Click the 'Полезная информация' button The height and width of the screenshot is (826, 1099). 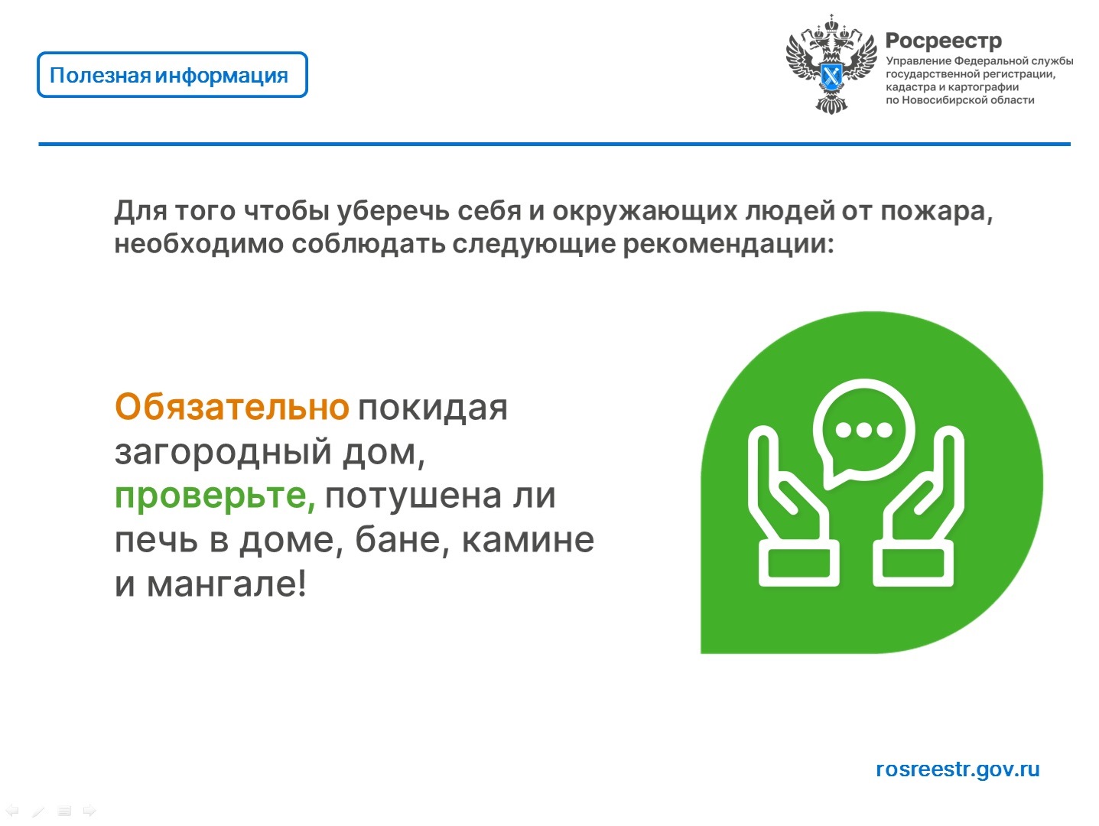click(x=172, y=75)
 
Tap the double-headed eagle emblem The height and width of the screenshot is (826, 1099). click(x=831, y=63)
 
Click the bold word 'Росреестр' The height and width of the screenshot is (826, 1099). click(x=943, y=41)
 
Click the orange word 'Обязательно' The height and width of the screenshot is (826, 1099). click(x=232, y=406)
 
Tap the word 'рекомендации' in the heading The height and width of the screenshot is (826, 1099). click(x=724, y=245)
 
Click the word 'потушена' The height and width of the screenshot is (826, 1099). click(x=413, y=496)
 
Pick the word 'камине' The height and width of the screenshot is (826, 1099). click(x=528, y=540)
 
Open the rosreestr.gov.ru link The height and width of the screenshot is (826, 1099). click(x=958, y=769)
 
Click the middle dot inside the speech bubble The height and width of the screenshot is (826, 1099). click(x=864, y=430)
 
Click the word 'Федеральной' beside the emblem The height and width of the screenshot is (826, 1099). click(x=987, y=62)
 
